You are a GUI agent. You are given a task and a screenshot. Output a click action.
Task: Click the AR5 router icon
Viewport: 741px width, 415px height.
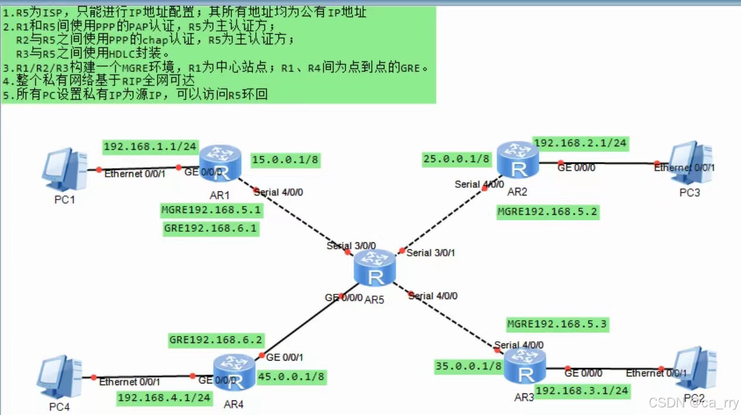(x=375, y=267)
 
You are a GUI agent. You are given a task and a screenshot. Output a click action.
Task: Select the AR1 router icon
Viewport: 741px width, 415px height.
(x=220, y=162)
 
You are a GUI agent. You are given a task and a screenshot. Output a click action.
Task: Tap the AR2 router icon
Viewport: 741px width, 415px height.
(x=518, y=159)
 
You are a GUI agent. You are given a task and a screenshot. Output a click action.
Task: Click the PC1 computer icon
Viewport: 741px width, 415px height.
(x=65, y=170)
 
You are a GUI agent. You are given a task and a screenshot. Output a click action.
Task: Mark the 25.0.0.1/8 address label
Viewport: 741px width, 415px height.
(x=457, y=159)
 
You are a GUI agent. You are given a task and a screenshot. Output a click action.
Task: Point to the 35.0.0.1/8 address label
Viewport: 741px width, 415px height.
(x=469, y=366)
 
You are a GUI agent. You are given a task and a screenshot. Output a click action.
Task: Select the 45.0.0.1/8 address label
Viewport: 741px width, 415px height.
(x=291, y=377)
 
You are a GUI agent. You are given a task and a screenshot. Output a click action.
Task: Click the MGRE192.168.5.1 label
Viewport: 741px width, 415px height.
(x=211, y=210)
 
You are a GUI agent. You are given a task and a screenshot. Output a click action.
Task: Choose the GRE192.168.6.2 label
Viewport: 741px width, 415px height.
(x=216, y=340)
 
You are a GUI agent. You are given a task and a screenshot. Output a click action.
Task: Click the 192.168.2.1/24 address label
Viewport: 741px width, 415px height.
(x=580, y=143)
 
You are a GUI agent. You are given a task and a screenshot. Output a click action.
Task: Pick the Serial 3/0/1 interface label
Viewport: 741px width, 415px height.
(x=430, y=253)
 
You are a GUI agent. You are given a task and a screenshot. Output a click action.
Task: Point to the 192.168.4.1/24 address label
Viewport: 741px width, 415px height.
(x=164, y=398)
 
